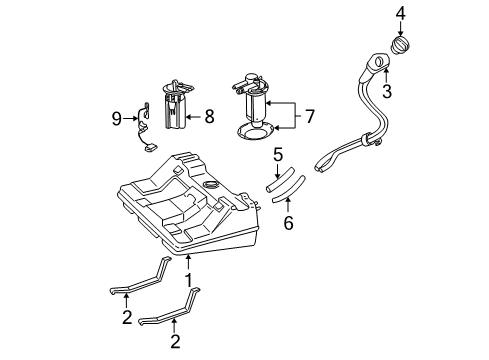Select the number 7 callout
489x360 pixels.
[309, 116]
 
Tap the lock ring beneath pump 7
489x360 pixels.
[257, 129]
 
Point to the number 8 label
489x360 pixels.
[209, 116]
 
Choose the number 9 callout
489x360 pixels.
[117, 118]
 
